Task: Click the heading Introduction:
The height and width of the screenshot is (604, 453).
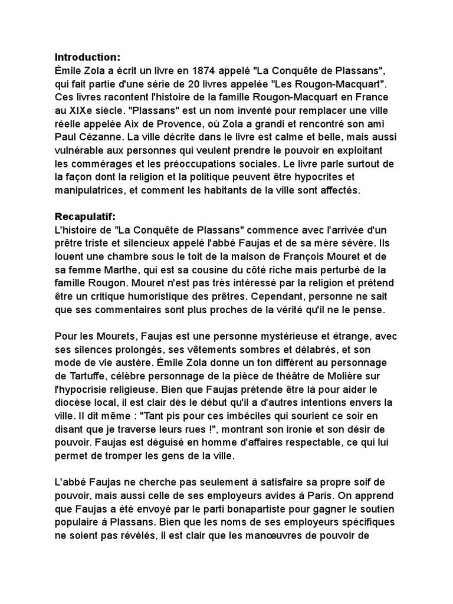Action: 87,57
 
